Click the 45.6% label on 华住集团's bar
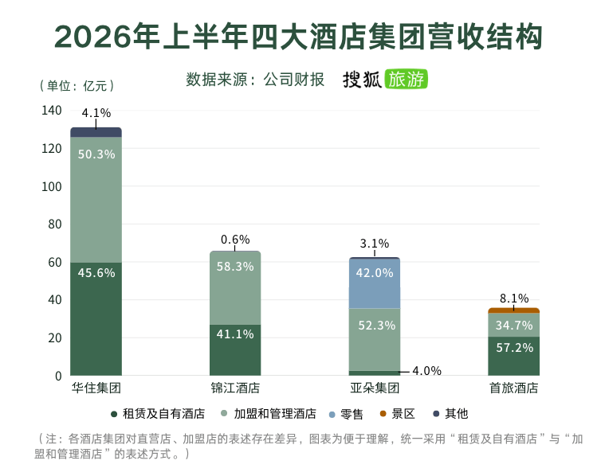pos(96,273)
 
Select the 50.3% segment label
pos(96,154)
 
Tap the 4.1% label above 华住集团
pos(96,113)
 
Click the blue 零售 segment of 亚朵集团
pos(375,283)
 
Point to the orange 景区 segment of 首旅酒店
pos(513,310)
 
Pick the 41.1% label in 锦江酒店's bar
pos(235,334)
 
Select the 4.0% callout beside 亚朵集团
pos(426,371)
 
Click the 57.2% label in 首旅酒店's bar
pos(514,347)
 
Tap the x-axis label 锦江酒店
pos(235,388)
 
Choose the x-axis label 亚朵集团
pos(375,388)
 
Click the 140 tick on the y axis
pos(51,110)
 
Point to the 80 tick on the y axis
pos(55,224)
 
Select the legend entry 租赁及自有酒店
pos(158,414)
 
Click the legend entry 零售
pos(346,414)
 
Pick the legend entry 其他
pos(451,414)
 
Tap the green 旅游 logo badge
pos(406,79)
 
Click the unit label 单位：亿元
pos(77,85)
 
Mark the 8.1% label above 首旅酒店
pos(514,298)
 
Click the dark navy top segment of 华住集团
pos(96,132)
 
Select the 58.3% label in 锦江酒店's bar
pos(235,267)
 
